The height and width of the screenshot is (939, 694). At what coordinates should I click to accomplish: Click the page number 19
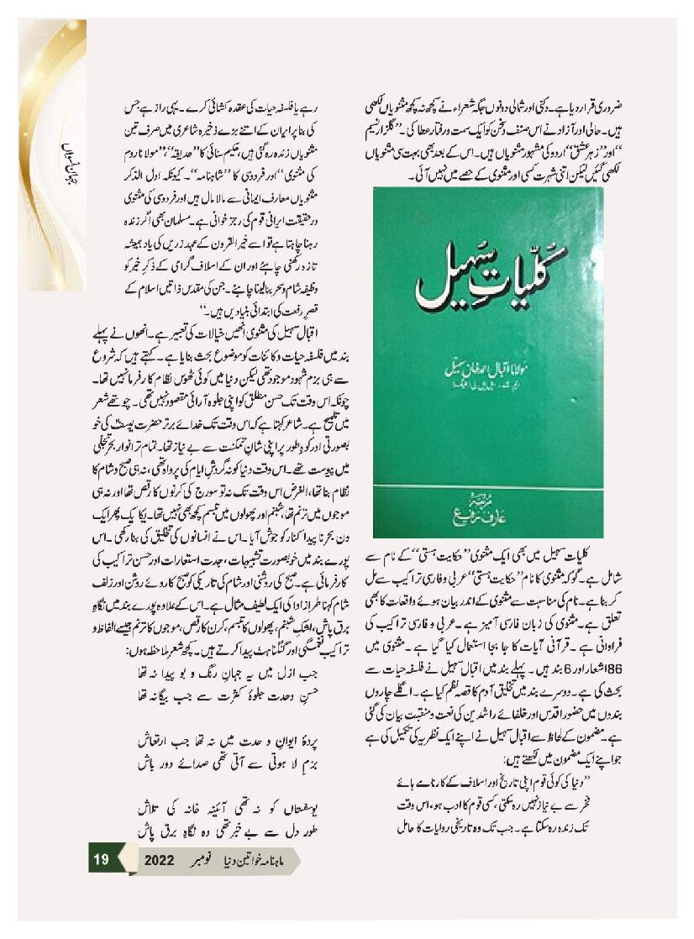(102, 860)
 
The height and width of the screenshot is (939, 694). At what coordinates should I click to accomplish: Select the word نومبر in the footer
(205, 861)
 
